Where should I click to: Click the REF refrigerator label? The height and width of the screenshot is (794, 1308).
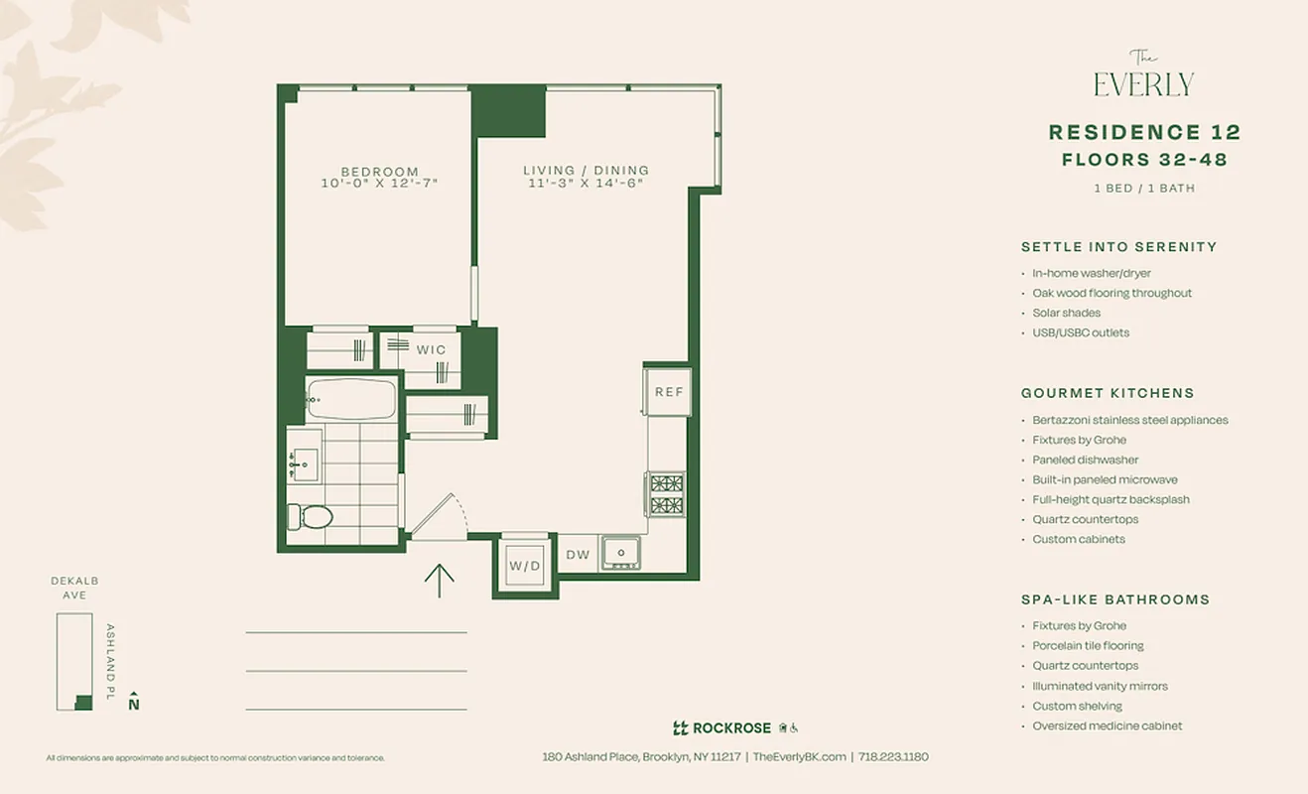(669, 392)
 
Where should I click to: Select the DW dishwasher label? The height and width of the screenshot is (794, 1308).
(578, 556)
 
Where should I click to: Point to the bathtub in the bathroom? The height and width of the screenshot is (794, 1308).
(350, 399)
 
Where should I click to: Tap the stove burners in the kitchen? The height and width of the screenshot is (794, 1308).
(665, 494)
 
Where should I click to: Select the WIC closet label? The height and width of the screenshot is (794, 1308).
(431, 349)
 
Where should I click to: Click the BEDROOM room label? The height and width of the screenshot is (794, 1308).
(379, 171)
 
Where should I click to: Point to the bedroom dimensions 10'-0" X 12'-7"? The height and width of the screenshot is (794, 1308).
(379, 184)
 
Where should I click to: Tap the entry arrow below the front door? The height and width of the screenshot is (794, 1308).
(439, 580)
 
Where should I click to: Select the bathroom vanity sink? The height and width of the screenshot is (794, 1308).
(304, 463)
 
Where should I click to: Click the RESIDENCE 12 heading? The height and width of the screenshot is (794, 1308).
(1144, 132)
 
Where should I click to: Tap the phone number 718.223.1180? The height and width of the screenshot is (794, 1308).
(893, 756)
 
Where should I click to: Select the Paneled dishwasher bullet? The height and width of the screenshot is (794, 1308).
(1085, 460)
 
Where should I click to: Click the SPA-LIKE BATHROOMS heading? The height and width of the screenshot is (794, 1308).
(1114, 599)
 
